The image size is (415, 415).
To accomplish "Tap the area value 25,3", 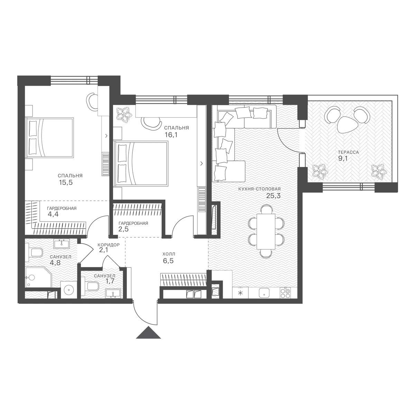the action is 273,196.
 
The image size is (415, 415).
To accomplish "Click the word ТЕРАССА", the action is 345,152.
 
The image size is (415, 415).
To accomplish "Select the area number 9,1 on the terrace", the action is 342,159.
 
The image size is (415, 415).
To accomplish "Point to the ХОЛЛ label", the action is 169,254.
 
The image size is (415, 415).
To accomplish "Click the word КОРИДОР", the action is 109,245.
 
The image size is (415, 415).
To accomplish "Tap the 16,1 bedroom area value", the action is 171,135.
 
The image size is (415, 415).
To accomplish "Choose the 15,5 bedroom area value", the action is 66,183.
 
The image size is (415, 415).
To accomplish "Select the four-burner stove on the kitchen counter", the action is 285,293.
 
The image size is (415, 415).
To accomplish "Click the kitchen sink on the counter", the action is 264,293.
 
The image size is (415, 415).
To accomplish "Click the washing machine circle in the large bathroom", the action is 68,290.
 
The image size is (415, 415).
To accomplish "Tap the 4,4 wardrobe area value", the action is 53,214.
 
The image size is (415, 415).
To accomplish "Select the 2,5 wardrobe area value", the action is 123,229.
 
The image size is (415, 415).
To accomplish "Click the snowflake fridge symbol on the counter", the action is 241,293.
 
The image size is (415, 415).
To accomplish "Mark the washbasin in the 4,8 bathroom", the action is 61,244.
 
